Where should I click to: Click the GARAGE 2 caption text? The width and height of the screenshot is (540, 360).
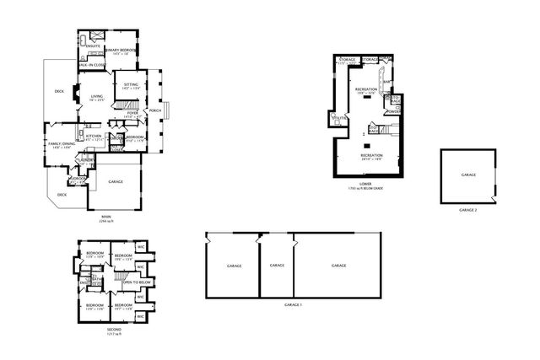pos(468,209)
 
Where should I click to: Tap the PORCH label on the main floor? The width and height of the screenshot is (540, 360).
pos(155,110)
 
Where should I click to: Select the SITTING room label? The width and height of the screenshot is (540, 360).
pos(131,84)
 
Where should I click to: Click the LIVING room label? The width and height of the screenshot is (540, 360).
pos(97,97)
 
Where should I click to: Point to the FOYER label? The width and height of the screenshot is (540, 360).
pos(132,112)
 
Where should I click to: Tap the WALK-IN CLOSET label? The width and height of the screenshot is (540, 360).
pos(91,64)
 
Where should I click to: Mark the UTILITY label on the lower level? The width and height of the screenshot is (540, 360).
pos(339,118)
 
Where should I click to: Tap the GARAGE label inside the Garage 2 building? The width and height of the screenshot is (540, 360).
pos(467,175)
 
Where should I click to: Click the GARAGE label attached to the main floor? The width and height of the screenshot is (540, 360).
pos(116,181)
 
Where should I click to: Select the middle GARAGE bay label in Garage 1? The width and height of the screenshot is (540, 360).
pos(276,265)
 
